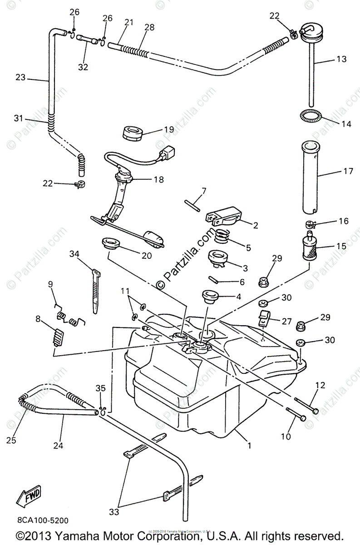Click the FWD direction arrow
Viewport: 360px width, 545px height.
click(x=29, y=496)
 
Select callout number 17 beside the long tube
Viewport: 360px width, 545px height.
click(x=348, y=172)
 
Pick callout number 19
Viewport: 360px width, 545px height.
click(x=169, y=129)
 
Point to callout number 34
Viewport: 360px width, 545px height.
click(x=74, y=254)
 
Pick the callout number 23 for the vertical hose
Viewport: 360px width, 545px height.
click(x=20, y=78)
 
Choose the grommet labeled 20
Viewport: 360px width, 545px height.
click(x=110, y=243)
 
